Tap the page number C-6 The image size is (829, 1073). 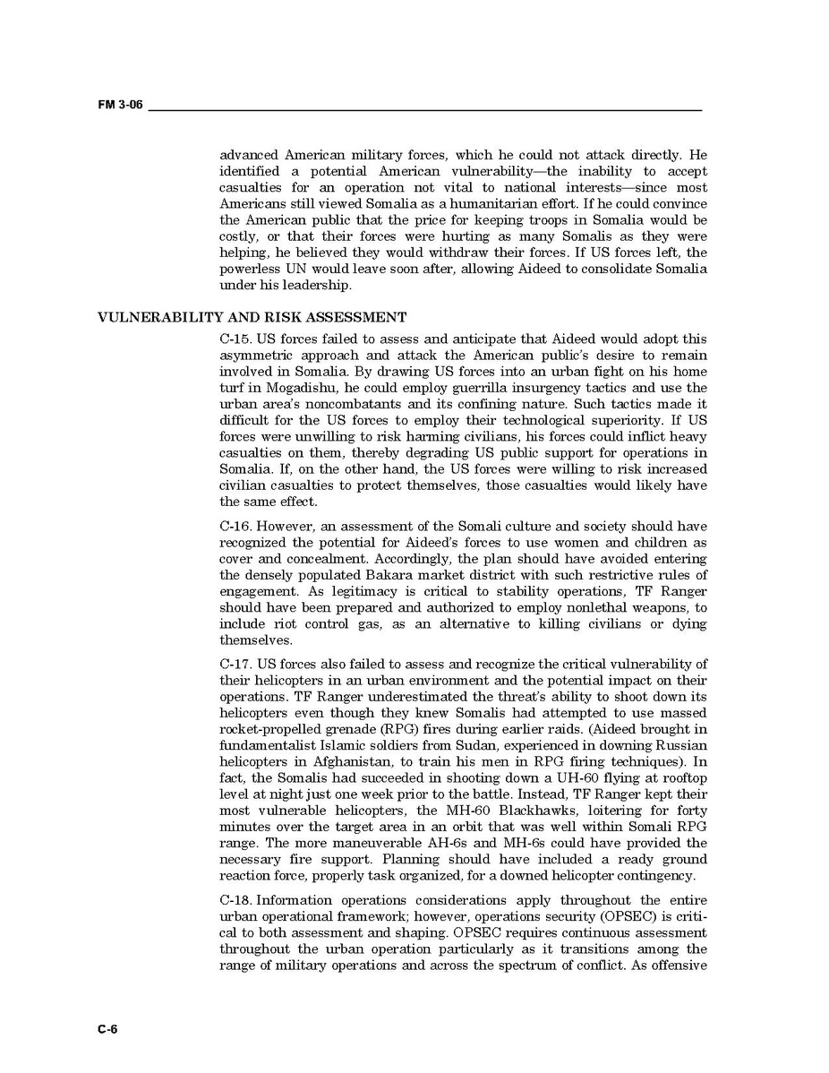click(x=107, y=1029)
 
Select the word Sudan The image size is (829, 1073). click(x=494, y=745)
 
